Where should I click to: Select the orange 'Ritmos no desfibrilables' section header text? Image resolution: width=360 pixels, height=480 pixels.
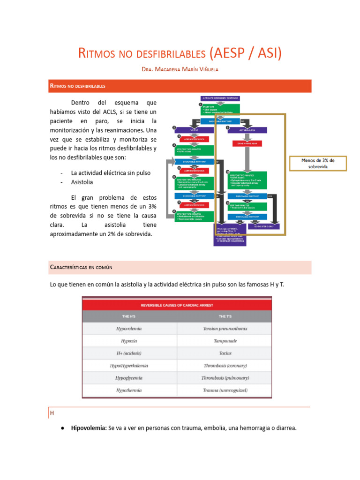pos(77,86)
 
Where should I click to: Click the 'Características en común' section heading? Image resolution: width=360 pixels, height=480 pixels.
pos(81,267)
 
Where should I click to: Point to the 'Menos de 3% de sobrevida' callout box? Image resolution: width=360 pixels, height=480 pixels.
pos(318,164)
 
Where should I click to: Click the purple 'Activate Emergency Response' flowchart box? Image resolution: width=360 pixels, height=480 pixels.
pos(219,98)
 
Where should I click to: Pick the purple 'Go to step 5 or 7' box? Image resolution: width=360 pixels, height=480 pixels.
pos(262,226)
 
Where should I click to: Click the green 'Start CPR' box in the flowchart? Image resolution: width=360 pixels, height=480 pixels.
pos(219,109)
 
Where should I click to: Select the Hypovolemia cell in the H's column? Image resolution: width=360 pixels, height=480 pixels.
pos(129,329)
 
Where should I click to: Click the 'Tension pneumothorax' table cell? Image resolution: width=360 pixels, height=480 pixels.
pos(225,329)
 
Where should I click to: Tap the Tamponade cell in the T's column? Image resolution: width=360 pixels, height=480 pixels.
pos(225,341)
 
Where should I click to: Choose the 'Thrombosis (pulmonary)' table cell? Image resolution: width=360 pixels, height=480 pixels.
pos(225,378)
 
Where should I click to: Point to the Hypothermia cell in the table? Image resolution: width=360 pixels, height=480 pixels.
pos(129,390)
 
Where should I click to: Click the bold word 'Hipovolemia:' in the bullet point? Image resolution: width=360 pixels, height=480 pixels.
pos(89,428)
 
